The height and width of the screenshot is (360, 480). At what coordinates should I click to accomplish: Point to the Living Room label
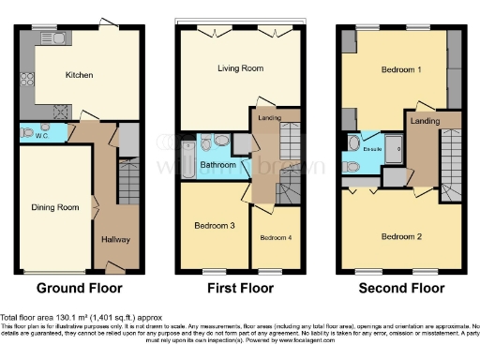point(240,68)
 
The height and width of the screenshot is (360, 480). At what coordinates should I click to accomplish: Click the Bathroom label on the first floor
point(217,166)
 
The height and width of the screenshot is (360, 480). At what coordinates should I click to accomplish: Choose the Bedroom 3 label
point(215,226)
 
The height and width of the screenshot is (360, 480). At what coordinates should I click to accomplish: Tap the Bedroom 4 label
point(276,237)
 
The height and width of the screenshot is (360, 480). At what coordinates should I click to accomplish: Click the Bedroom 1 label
point(401,70)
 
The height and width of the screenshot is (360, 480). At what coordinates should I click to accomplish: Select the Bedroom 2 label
point(401,236)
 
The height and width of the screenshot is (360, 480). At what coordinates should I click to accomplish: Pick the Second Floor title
point(402,288)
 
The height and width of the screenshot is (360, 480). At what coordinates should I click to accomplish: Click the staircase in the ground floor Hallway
point(128,183)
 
